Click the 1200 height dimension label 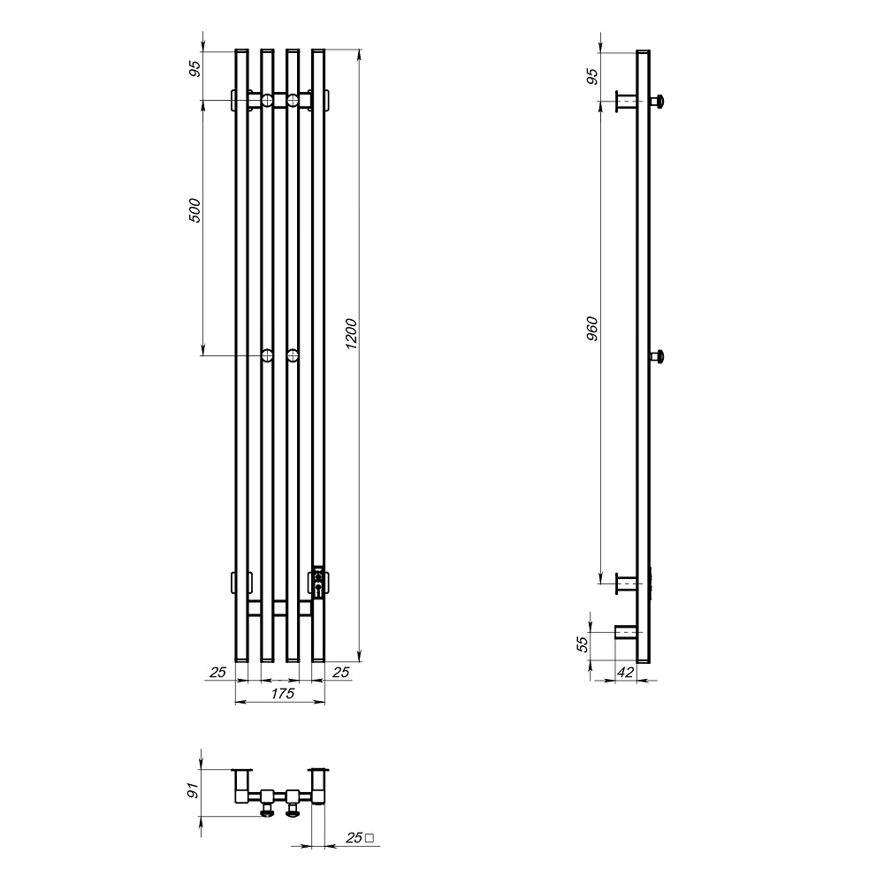tap(351, 334)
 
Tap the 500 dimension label tap(194, 210)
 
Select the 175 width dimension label tap(283, 693)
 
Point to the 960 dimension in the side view tap(592, 329)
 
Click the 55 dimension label tap(583, 643)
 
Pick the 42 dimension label tap(626, 672)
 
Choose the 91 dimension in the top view tap(194, 790)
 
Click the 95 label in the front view tap(194, 69)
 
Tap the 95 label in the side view tap(592, 76)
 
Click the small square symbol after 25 tap(370, 838)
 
